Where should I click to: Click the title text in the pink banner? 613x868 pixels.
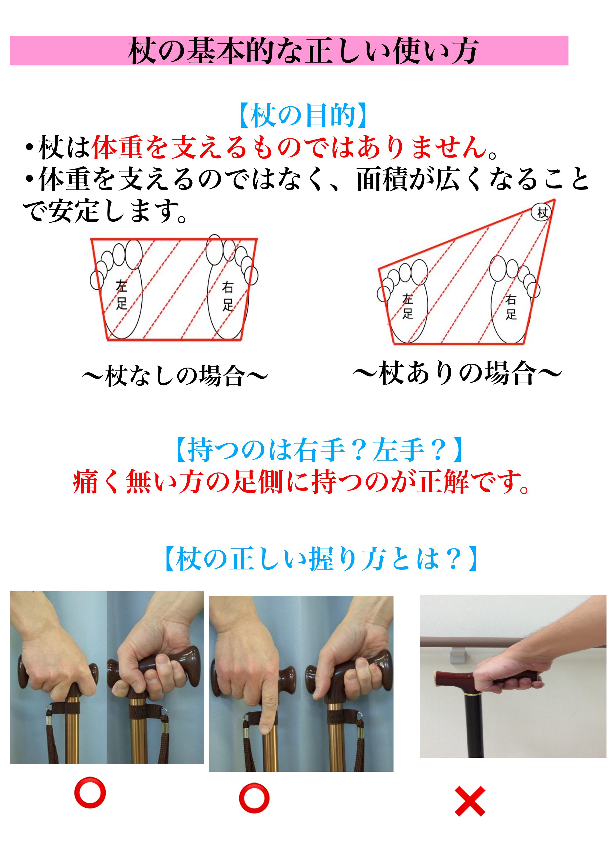coord(303,51)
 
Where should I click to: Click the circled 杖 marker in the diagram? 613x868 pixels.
coord(541,212)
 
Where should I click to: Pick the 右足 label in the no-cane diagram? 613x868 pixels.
coord(227,296)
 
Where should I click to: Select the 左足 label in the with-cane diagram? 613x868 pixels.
coord(408,306)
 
